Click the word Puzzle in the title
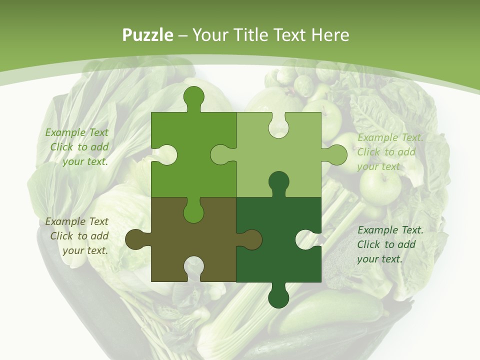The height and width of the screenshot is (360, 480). point(148,35)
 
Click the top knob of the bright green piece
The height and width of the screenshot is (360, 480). point(193,98)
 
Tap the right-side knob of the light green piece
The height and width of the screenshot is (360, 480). point(335,155)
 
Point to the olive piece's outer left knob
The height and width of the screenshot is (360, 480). point(136,239)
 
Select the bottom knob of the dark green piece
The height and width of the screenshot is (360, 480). point(278,296)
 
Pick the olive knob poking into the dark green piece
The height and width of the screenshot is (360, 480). point(250,239)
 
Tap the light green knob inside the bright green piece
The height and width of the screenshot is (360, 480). point(222,155)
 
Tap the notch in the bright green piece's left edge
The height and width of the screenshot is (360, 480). point(165,155)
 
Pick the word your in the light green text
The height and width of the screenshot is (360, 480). point(369,166)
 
